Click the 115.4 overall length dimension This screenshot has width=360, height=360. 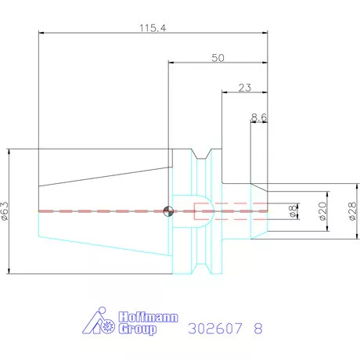pos(153,27)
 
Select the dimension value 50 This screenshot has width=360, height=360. pos(218,58)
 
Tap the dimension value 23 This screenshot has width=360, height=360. pos(245,88)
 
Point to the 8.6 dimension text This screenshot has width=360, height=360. pos(259,117)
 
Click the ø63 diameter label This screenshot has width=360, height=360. pos(5,211)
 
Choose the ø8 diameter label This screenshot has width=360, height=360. pos(293,211)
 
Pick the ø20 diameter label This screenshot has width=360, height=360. pos(322,211)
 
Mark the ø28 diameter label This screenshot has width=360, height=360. pos(352,211)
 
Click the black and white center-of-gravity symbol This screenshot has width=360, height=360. pos(168,211)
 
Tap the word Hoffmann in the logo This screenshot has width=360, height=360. pos(148,317)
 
